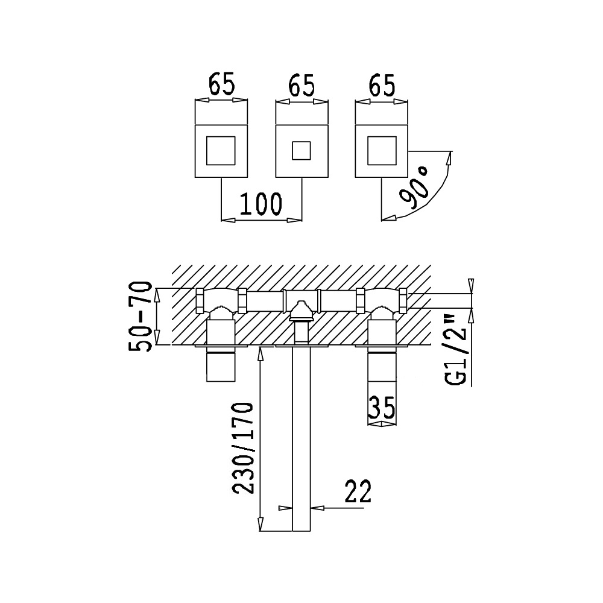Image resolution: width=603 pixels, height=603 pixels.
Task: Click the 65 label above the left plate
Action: [221, 86]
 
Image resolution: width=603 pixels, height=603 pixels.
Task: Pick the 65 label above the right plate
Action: [382, 86]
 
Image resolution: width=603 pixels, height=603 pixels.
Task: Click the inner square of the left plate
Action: [221, 151]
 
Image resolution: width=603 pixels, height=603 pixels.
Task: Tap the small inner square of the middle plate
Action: [301, 151]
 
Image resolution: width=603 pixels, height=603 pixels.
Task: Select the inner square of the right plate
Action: [382, 151]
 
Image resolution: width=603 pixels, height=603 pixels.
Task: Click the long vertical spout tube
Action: [301, 440]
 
